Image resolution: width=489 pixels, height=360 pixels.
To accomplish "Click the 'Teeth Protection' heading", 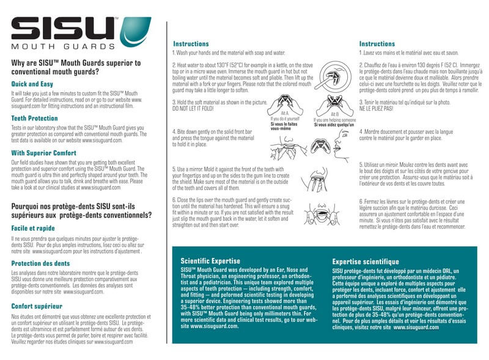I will (35, 118).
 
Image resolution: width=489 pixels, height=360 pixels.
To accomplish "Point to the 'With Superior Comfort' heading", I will (44, 153).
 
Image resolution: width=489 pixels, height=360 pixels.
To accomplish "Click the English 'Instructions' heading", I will (191, 44).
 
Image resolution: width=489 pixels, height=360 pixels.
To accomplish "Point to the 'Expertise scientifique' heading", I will (366, 262).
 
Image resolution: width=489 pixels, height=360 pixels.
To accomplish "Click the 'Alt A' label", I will (284, 113).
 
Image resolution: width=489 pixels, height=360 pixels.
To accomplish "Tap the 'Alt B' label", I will (334, 114).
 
